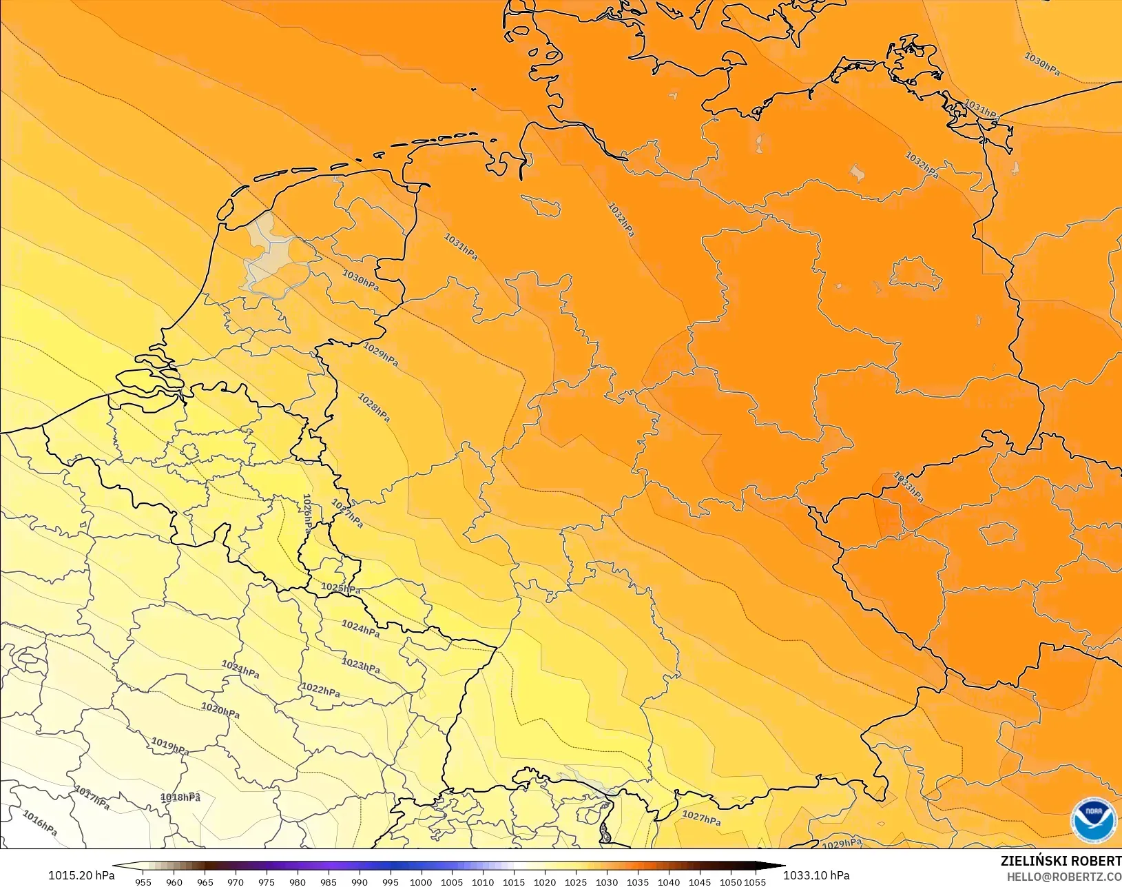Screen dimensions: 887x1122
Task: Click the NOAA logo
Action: pyautogui.click(x=1093, y=820)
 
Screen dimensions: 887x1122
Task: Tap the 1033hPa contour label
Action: pyautogui.click(x=908, y=487)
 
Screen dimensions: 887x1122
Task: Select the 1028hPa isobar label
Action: pyautogui.click(x=374, y=407)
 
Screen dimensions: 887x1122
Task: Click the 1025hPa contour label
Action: pyautogui.click(x=340, y=589)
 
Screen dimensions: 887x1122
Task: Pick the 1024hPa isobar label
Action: pyautogui.click(x=360, y=628)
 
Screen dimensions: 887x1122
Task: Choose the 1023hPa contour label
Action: pyautogui.click(x=361, y=666)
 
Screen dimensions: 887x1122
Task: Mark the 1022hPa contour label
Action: pyautogui.click(x=320, y=689)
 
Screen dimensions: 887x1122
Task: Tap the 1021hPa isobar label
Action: pyautogui.click(x=240, y=669)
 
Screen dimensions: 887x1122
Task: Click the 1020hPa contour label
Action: pyautogui.click(x=220, y=710)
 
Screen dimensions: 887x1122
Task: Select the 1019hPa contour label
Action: pyautogui.click(x=170, y=746)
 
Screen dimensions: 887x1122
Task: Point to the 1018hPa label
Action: pyautogui.click(x=180, y=797)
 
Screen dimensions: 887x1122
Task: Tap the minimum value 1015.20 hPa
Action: pyautogui.click(x=81, y=875)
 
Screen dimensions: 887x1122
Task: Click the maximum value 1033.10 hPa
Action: pyautogui.click(x=816, y=875)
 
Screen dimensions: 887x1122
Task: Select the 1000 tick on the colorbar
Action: pyautogui.click(x=421, y=881)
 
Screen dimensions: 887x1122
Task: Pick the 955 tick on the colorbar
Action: pyautogui.click(x=143, y=881)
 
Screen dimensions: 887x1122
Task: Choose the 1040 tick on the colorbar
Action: pyautogui.click(x=668, y=881)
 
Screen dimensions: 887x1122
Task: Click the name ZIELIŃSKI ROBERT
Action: pyautogui.click(x=1061, y=861)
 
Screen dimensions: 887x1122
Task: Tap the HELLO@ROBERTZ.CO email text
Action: pyautogui.click(x=1064, y=877)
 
